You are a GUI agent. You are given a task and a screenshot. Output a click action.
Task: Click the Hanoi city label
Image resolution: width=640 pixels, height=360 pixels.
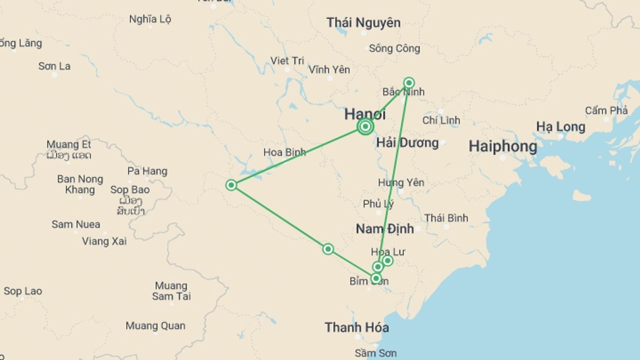point(365,114)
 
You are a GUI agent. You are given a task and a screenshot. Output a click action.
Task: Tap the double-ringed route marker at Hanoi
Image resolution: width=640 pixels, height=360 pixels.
point(365,127)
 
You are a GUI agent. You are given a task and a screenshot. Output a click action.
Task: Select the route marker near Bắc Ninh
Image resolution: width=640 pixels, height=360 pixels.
point(409,83)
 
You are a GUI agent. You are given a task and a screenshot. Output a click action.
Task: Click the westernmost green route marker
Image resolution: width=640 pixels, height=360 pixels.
point(231,185)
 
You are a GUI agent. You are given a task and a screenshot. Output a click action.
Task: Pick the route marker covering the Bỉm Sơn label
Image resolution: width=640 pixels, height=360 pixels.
point(376,278)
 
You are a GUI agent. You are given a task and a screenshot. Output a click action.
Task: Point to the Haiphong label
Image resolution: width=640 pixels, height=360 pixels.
point(503,146)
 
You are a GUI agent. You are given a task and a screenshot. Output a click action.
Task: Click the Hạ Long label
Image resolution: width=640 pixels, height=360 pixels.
point(561,127)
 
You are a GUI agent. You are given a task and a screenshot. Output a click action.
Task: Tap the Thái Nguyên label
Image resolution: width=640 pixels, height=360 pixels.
point(363,23)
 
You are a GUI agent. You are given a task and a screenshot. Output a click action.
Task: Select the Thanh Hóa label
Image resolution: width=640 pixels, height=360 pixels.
point(357,327)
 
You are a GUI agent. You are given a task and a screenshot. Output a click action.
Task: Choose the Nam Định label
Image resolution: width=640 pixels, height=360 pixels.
point(385,229)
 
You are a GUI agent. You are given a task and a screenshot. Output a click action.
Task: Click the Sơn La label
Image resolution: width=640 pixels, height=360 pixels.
point(54,66)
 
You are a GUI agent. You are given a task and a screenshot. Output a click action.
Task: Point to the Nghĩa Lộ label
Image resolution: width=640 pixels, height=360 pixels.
point(150,19)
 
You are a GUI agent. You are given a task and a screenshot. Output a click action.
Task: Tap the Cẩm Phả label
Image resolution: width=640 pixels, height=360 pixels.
point(606,110)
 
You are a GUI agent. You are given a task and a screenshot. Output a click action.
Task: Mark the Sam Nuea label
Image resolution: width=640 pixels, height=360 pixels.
point(76,224)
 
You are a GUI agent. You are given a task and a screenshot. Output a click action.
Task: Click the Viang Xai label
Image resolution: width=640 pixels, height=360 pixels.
point(104,241)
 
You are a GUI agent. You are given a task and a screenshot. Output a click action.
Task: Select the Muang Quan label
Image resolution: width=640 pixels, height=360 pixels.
point(155,326)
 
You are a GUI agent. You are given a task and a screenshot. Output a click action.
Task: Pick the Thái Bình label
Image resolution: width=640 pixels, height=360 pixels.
point(446,218)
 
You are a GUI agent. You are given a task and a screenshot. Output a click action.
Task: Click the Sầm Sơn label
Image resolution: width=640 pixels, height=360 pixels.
point(375,353)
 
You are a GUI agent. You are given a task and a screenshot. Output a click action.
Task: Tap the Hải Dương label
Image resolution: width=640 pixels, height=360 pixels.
point(407,143)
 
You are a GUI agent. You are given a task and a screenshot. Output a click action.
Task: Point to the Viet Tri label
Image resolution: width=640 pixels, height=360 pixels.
point(287,61)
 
